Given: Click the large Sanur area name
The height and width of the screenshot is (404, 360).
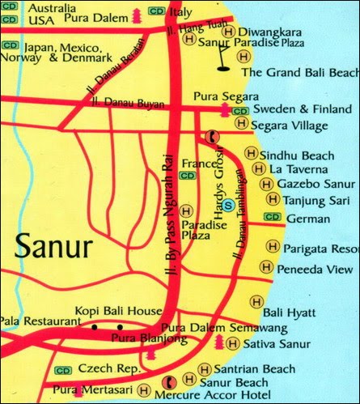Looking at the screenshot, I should (x=52, y=244).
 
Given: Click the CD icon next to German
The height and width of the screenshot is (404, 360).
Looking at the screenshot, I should (x=272, y=217).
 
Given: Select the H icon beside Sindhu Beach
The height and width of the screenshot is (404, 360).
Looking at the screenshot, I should (x=252, y=154).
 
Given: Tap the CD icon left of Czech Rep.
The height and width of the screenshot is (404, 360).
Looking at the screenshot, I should (x=62, y=369).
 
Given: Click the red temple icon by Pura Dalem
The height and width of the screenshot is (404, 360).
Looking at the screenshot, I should (x=134, y=14).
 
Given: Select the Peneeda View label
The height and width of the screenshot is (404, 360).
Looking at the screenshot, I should (x=315, y=269).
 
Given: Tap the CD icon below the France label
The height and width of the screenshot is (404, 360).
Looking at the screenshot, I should (x=187, y=175).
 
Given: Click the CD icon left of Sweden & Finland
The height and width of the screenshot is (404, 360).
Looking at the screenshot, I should (x=240, y=109).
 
